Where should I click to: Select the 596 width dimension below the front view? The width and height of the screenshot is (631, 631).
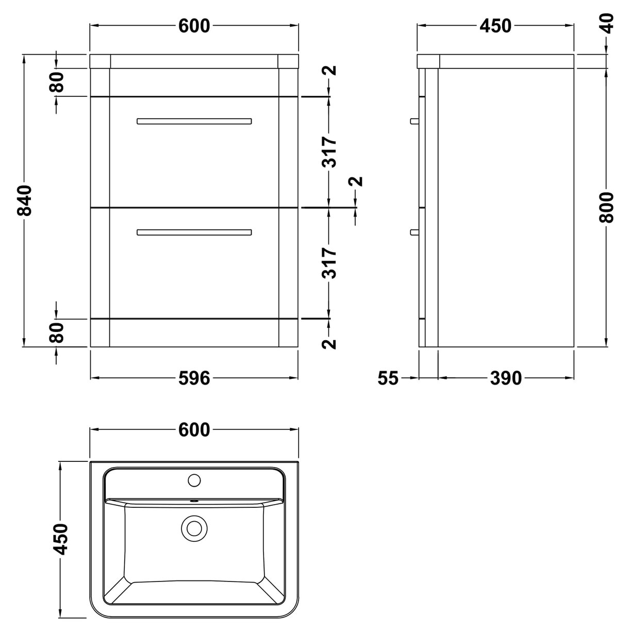194,378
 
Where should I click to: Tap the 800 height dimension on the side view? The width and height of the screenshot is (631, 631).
607,207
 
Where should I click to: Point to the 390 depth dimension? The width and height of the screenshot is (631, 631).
506,378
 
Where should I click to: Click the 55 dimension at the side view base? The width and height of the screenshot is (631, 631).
388,378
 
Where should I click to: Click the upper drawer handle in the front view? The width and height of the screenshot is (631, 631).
194,122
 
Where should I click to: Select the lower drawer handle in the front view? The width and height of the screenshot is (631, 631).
194,233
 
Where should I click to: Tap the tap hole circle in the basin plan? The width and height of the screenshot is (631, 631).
194,480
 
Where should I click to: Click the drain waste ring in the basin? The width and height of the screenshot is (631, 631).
194,528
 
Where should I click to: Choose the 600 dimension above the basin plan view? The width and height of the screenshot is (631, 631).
194,429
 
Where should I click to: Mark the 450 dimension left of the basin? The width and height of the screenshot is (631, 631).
61,539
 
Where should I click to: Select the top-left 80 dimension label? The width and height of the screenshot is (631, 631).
57,82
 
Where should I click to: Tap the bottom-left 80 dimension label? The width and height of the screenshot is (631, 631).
57,333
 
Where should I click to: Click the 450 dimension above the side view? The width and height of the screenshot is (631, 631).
495,25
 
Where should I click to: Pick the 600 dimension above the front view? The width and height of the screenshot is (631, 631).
194,25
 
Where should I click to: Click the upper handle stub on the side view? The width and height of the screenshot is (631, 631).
413,121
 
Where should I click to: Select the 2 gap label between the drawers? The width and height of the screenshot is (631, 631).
356,181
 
